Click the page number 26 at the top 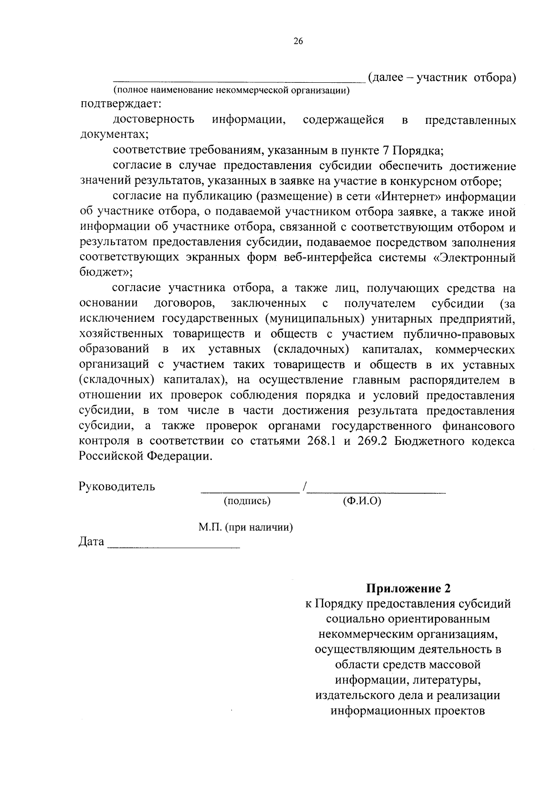[298, 42]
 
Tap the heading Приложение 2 [408, 589]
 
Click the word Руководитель [117, 486]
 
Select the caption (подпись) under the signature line [247, 501]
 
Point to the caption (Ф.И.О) [362, 501]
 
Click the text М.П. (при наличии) [246, 528]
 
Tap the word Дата [92, 541]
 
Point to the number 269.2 [374, 441]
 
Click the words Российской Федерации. [146, 456]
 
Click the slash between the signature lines [304, 487]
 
